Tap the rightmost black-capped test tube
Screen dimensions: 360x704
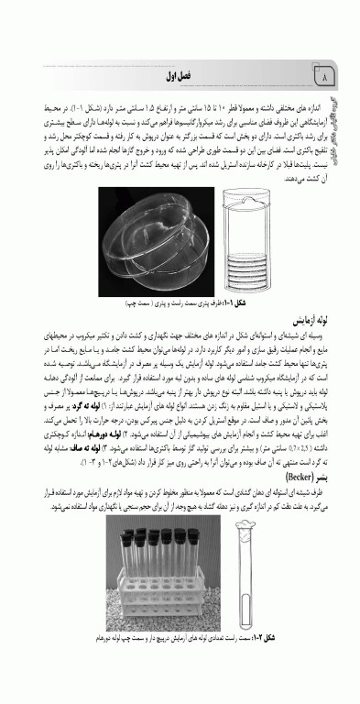tap(203, 564)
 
